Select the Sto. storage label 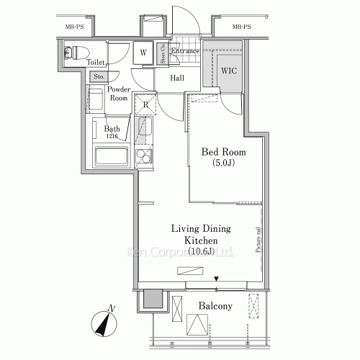[99, 76]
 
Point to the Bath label [111, 130]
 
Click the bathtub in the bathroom [111, 157]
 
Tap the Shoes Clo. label [163, 53]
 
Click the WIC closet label [228, 71]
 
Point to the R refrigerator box [145, 104]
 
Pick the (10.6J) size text [200, 251]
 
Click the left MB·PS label [74, 27]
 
